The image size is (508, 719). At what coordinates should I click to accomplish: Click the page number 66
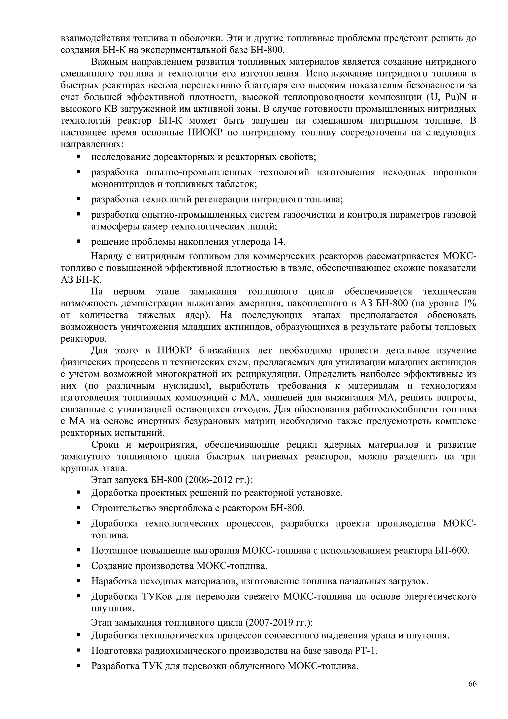tap(472, 683)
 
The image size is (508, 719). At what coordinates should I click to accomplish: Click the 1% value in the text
tap(470, 303)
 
